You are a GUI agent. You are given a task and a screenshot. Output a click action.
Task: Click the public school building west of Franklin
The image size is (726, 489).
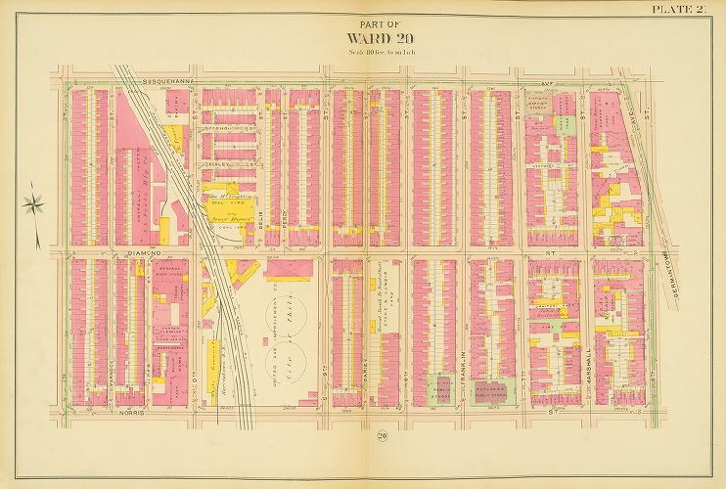click(x=438, y=388)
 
